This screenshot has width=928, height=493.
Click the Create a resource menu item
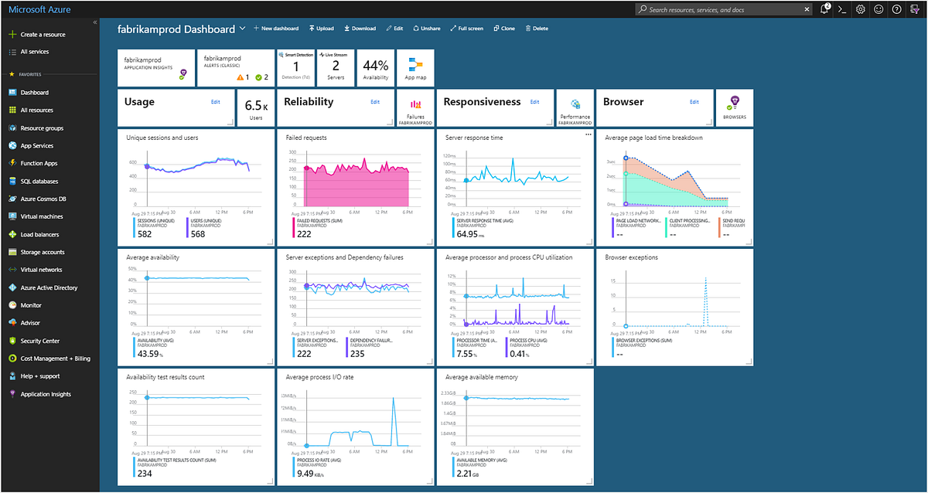(43, 35)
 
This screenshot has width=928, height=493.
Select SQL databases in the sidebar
(39, 182)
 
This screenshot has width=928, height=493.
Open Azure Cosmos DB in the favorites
(42, 199)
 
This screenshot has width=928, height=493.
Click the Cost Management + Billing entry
(55, 359)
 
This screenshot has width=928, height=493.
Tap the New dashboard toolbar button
(276, 29)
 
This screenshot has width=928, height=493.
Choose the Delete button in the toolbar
(537, 29)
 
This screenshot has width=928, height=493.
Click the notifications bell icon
(825, 9)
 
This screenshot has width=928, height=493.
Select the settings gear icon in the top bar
(861, 9)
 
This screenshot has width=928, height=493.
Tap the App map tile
(415, 68)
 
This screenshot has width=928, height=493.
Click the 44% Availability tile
(375, 68)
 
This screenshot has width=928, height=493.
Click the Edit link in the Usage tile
(216, 102)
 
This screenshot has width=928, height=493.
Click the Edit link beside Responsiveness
(534, 102)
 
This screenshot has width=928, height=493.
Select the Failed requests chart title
(305, 138)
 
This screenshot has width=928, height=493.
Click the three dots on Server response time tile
(587, 135)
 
